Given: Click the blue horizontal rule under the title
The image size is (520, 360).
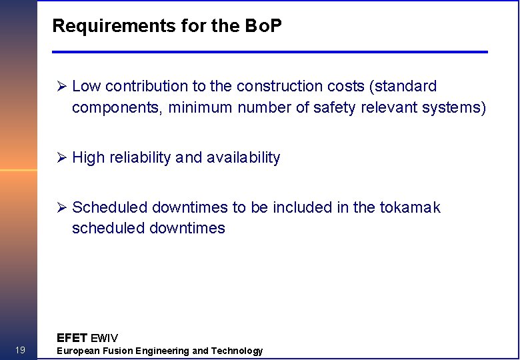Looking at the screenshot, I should tap(270, 52).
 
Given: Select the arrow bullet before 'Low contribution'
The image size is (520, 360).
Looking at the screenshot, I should tap(62, 87).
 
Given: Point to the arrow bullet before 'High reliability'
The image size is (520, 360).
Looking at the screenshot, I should tap(62, 158).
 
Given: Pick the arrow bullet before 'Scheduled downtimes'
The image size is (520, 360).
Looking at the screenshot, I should tap(62, 208).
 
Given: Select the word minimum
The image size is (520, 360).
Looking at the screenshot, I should tap(199, 107).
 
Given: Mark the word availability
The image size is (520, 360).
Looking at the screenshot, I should tap(243, 158).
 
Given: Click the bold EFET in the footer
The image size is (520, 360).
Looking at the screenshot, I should tap(72, 337).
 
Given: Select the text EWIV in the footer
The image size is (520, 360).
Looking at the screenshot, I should tap(104, 338).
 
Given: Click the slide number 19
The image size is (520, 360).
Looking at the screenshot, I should tap(20, 351).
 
